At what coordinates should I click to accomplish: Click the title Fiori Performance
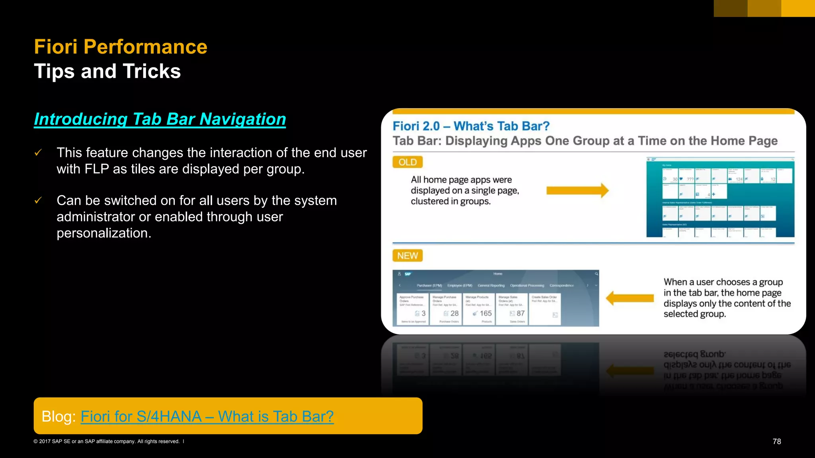pyautogui.click(x=121, y=47)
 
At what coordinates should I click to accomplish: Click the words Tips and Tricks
pyautogui.click(x=107, y=72)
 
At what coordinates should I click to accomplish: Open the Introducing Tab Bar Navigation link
pyautogui.click(x=160, y=119)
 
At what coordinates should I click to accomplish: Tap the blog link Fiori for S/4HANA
pyautogui.click(x=207, y=416)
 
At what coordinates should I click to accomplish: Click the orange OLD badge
pyautogui.click(x=407, y=162)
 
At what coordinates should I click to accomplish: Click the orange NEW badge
pyautogui.click(x=407, y=256)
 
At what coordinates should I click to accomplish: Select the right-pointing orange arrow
pyautogui.click(x=577, y=190)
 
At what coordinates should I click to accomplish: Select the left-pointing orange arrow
pyautogui.click(x=630, y=298)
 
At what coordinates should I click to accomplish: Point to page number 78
pyautogui.click(x=776, y=441)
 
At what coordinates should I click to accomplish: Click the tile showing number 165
pyautogui.click(x=479, y=309)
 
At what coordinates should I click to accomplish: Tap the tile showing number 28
pyautogui.click(x=446, y=309)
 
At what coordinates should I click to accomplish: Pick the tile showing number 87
pyautogui.click(x=512, y=309)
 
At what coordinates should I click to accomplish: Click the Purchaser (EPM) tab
pyautogui.click(x=429, y=285)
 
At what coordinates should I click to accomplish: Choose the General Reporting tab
pyautogui.click(x=491, y=285)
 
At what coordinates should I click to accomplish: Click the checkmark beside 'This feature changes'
pyautogui.click(x=38, y=153)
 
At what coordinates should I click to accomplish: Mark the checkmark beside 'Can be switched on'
pyautogui.click(x=38, y=200)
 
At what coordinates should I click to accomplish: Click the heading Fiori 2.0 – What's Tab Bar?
pyautogui.click(x=471, y=126)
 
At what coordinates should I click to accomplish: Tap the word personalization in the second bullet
pyautogui.click(x=103, y=233)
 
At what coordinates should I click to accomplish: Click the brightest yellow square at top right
pyautogui.click(x=798, y=8)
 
